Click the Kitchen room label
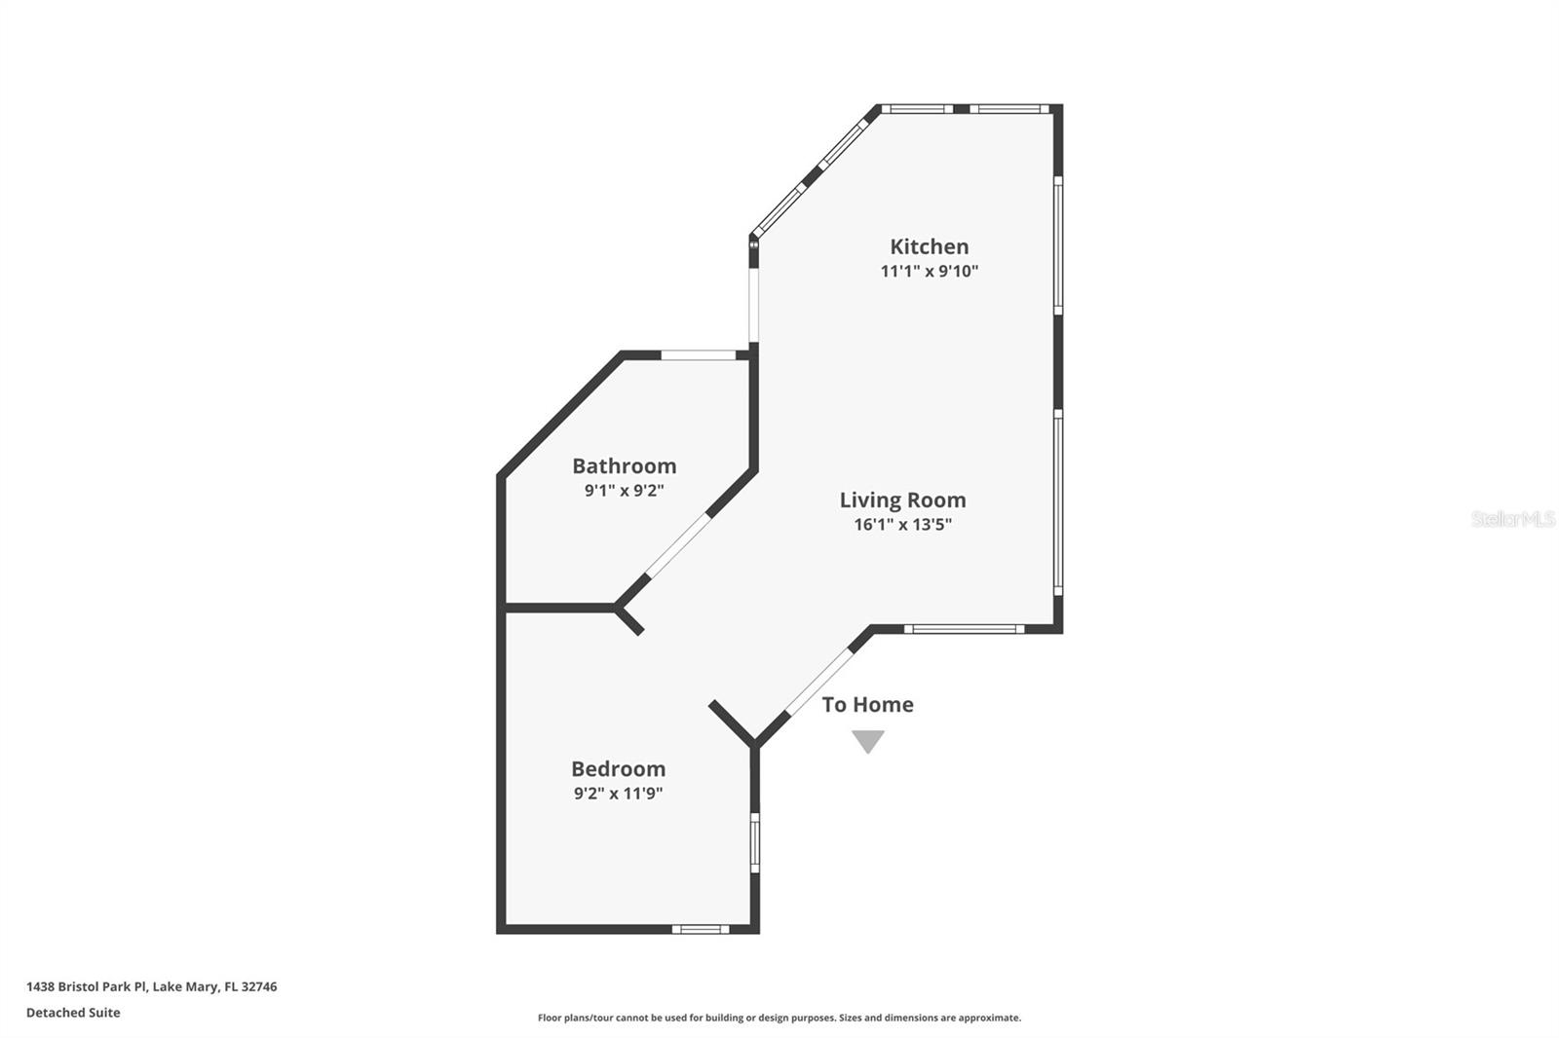929,246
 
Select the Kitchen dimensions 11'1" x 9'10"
929,271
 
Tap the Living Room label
902,500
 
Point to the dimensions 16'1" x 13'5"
902,524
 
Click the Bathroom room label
624,465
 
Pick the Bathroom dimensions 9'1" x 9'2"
624,490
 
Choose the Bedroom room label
618,768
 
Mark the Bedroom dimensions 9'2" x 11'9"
618,793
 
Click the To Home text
867,704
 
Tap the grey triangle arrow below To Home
867,741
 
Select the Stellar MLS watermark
1512,519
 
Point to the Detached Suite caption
73,1013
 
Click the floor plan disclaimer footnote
779,1018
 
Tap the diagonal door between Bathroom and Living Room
678,545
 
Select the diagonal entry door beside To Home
819,682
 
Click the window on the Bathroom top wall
699,354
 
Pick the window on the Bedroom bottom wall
700,929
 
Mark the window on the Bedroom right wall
754,842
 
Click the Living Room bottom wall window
963,629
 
